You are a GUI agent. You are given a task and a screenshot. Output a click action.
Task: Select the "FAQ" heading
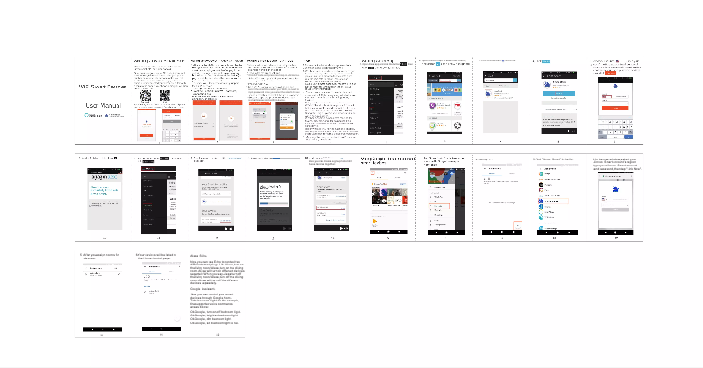308,63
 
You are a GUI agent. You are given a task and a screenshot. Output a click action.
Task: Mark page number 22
217,335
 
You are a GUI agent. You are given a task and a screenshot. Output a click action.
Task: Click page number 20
102,335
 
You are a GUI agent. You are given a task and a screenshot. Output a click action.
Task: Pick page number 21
160,335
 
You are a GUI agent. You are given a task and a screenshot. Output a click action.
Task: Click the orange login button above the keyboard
619,107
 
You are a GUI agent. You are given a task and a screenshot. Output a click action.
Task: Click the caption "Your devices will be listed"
158,256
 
